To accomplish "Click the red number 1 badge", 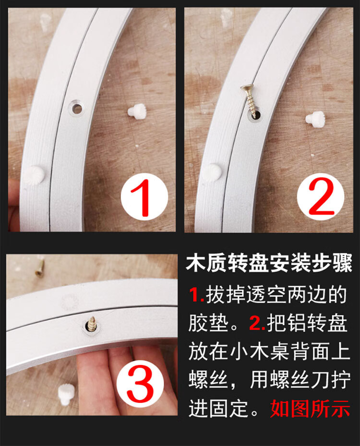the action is [x=144, y=196].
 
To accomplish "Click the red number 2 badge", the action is [x=321, y=196].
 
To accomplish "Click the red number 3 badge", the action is [x=140, y=384].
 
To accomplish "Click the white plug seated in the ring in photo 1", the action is [x=35, y=175].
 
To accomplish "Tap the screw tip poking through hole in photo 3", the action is [x=92, y=324].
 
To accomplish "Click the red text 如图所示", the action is [x=310, y=408].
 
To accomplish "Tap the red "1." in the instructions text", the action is [x=197, y=295].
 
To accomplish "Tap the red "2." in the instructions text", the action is [x=257, y=323].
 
